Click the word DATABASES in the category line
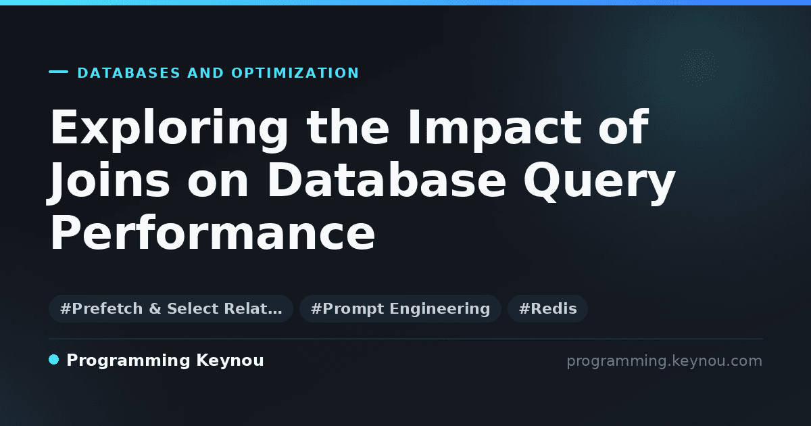point(129,73)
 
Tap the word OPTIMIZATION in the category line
point(295,73)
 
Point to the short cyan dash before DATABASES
point(58,72)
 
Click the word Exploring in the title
point(169,129)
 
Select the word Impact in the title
point(495,129)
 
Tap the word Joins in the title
point(109,182)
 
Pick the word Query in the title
point(599,182)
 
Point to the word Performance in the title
point(212,232)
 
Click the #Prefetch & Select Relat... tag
point(171,308)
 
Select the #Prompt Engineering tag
point(400,308)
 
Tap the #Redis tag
point(547,308)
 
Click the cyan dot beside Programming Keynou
point(54,360)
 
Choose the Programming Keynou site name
point(165,360)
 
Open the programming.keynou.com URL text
point(664,361)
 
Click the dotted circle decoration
point(699,68)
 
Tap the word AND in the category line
point(205,73)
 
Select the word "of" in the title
point(623,127)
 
